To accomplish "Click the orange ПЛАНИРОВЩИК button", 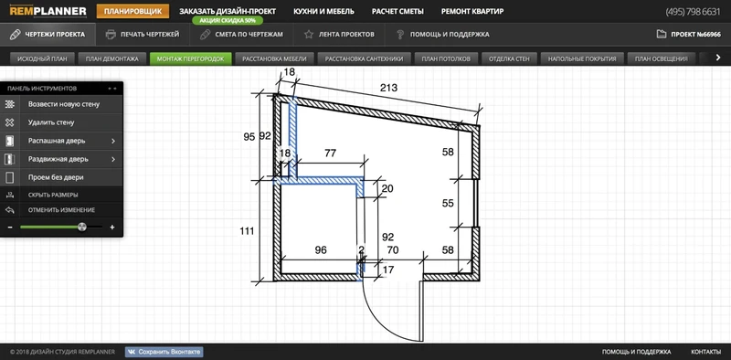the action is [x=132, y=11].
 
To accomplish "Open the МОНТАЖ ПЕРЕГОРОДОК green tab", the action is [x=190, y=58].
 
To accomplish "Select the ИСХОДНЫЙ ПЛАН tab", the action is [x=39, y=58].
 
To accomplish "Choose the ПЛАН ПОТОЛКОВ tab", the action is [x=450, y=58].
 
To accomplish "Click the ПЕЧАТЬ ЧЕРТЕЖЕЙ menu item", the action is [x=143, y=34].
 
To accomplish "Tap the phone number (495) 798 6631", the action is [x=693, y=12].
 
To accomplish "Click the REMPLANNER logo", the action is [x=48, y=11].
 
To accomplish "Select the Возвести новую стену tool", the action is [x=64, y=104].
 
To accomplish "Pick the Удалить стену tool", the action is [x=51, y=122].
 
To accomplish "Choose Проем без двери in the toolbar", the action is [x=56, y=177].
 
